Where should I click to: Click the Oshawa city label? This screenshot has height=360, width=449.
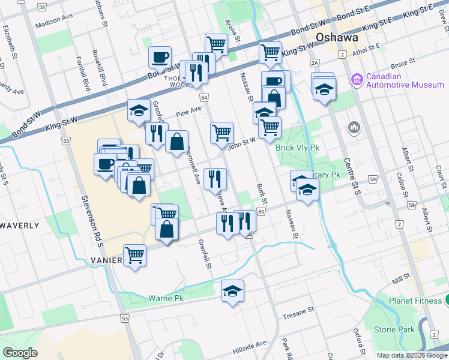click(x=337, y=37)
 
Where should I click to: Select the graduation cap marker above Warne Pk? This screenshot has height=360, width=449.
click(x=232, y=291)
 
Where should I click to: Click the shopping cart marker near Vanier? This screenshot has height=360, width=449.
click(x=135, y=256)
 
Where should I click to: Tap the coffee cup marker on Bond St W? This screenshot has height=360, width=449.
click(x=160, y=58)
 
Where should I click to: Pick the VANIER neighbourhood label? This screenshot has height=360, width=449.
click(x=107, y=260)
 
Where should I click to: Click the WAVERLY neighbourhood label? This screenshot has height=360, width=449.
click(x=20, y=226)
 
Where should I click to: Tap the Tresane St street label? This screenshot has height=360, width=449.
click(x=299, y=313)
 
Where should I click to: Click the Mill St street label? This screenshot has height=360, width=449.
click(x=400, y=280)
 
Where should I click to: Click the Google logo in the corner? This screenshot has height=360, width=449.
click(x=20, y=353)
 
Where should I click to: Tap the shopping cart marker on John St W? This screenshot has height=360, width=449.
click(x=221, y=133)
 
